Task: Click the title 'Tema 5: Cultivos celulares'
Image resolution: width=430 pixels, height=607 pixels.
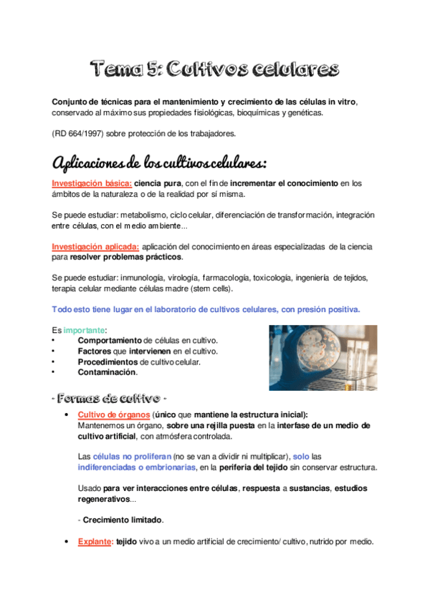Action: tap(214, 69)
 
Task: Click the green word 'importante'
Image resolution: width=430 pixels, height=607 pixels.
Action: tap(84, 329)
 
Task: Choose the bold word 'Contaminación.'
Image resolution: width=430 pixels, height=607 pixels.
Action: tap(107, 372)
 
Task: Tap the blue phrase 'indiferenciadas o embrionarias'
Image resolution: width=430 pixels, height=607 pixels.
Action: tap(135, 467)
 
